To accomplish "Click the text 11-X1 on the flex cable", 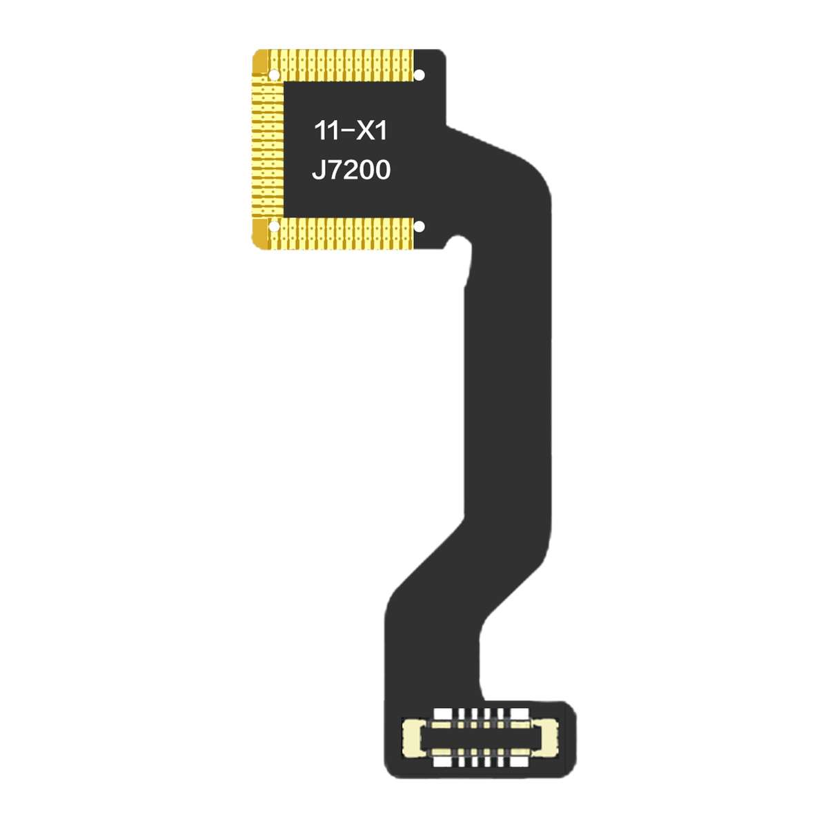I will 351,130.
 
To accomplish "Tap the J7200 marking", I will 351,170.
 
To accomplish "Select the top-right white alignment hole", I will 419,75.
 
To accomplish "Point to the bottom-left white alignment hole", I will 273,226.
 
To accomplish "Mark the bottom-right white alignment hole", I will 419,226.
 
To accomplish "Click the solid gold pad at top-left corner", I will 260,61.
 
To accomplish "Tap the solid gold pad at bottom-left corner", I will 260,236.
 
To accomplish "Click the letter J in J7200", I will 318,170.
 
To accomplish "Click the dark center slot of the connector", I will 480,738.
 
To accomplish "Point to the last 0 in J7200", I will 381,170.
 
